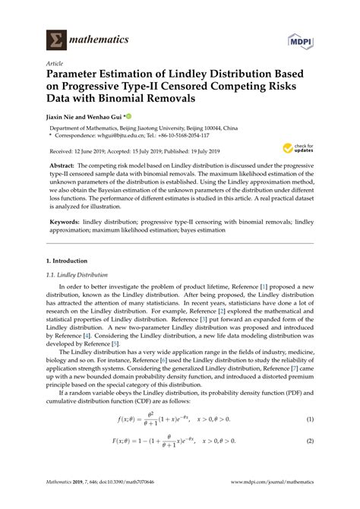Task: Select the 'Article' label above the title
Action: click(55, 65)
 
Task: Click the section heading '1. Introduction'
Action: click(68, 261)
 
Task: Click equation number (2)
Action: click(310, 441)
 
